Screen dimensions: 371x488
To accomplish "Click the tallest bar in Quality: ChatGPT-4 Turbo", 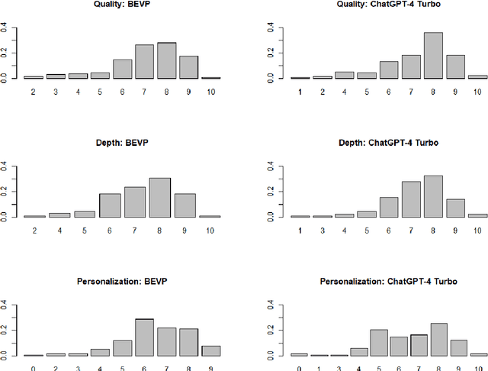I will [434, 56].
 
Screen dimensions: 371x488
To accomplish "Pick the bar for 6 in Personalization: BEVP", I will [145, 338].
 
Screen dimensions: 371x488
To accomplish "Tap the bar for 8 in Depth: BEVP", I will [159, 198].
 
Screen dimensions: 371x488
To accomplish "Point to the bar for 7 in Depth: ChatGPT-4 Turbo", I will [411, 200].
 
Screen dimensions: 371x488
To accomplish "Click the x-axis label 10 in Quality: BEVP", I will [210, 91].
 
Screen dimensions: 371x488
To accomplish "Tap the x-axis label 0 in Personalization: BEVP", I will [33, 368].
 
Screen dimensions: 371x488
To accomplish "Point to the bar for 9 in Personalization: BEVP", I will [210, 351].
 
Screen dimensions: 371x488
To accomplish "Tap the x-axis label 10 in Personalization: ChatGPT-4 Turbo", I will [477, 368].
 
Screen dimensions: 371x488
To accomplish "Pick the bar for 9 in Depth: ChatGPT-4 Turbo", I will [454, 208].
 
